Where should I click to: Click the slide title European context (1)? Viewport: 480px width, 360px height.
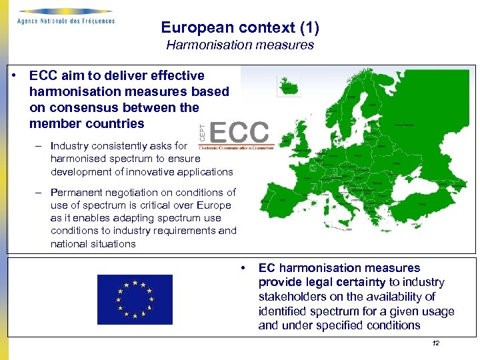(x=240, y=28)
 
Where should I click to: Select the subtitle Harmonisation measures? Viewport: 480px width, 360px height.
(x=240, y=45)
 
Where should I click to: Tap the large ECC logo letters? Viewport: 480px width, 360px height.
(x=240, y=132)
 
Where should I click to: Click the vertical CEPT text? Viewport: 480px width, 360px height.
(x=203, y=133)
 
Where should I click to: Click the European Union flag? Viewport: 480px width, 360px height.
(x=135, y=299)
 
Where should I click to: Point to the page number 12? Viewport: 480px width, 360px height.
(x=436, y=343)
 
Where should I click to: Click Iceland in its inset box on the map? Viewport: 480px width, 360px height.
(x=289, y=86)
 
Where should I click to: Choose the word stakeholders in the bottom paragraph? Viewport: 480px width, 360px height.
(x=291, y=297)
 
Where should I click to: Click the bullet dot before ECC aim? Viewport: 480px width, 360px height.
(x=14, y=75)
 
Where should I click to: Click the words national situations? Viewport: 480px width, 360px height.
(x=93, y=244)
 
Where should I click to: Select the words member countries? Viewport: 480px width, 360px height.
(x=87, y=123)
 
